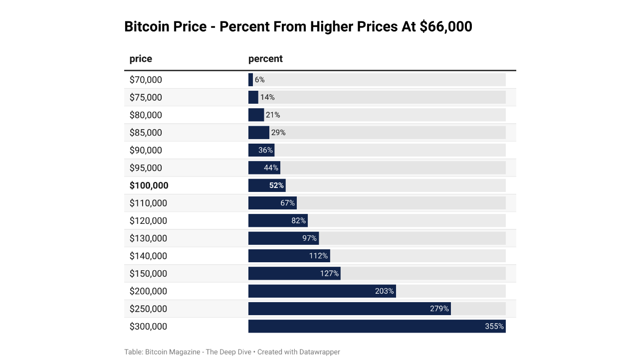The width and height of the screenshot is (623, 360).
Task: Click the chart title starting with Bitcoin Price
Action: tap(298, 26)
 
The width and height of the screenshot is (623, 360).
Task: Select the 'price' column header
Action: tap(141, 59)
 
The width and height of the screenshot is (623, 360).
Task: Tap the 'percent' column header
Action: tap(265, 59)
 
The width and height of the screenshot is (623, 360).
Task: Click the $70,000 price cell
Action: tap(146, 80)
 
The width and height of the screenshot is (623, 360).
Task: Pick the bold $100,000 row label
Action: tap(149, 185)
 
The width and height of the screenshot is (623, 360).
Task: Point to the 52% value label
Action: tap(276, 185)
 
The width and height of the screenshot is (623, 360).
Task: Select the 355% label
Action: tap(494, 327)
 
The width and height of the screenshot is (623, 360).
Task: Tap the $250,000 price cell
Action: tap(148, 309)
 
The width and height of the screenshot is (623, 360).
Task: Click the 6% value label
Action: tap(259, 80)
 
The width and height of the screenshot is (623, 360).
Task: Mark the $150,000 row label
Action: tap(148, 274)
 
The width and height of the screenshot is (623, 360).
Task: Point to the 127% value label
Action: tap(329, 274)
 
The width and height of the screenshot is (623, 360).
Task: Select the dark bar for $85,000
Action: tap(258, 133)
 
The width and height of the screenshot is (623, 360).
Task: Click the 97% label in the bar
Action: tap(309, 238)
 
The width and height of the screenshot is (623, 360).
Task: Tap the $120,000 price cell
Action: tap(148, 221)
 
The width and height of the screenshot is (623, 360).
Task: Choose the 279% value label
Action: tap(439, 309)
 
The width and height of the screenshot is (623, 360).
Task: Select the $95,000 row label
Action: tap(146, 168)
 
